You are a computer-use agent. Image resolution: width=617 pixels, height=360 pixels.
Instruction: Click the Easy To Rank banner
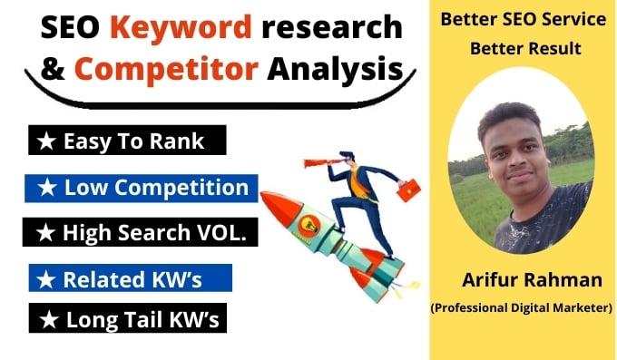click(x=124, y=141)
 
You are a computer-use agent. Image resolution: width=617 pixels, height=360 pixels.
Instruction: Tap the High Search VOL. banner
click(x=141, y=233)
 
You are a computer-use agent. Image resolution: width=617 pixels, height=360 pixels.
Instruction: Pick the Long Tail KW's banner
click(x=126, y=319)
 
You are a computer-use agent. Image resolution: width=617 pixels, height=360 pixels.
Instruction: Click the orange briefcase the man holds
click(x=409, y=188)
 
